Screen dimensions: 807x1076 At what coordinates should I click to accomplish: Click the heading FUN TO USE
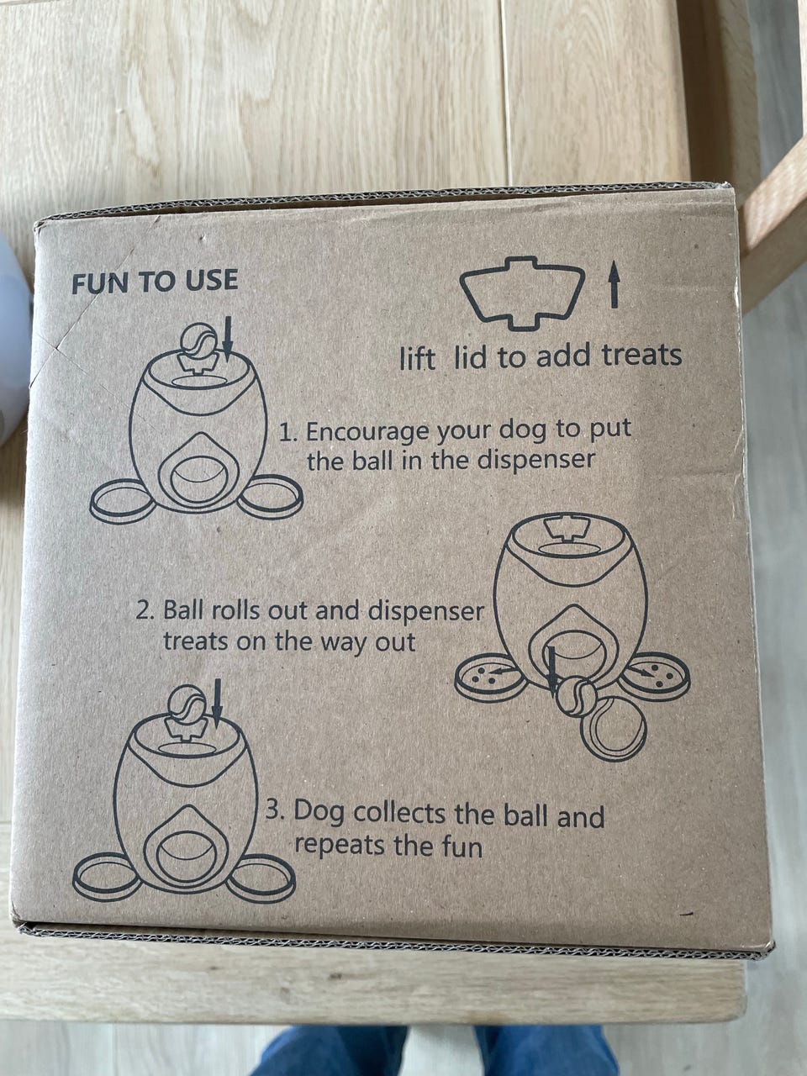coord(155,281)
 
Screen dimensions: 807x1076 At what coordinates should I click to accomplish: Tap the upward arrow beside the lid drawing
coord(614,284)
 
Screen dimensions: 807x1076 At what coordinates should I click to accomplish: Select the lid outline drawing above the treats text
coord(522,293)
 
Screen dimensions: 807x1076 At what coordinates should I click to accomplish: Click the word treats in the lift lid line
coord(642,355)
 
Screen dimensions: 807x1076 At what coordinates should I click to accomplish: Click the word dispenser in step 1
coord(535,461)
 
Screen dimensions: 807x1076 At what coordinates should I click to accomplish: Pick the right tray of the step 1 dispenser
coord(271,496)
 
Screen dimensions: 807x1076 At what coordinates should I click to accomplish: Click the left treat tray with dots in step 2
coord(491,677)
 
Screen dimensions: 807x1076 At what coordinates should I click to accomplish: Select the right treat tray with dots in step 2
coord(655,674)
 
